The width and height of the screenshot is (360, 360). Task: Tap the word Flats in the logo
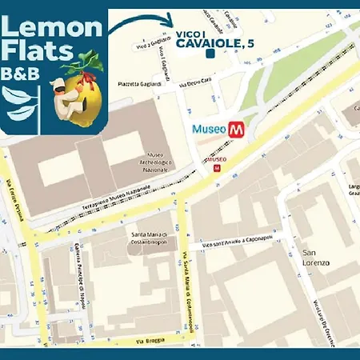pos(34,54)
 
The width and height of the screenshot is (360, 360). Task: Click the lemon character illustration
pos(76,92)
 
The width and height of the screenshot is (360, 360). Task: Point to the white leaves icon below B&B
pos(19,102)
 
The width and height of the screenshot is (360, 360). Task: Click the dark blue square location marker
pos(209,54)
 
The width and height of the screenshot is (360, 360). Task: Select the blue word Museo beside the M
pos(210,129)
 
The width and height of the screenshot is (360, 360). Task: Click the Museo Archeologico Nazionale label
pos(158,163)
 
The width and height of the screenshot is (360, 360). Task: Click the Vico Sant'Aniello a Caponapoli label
pos(238,242)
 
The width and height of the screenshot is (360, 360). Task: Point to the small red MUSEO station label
pos(216,159)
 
